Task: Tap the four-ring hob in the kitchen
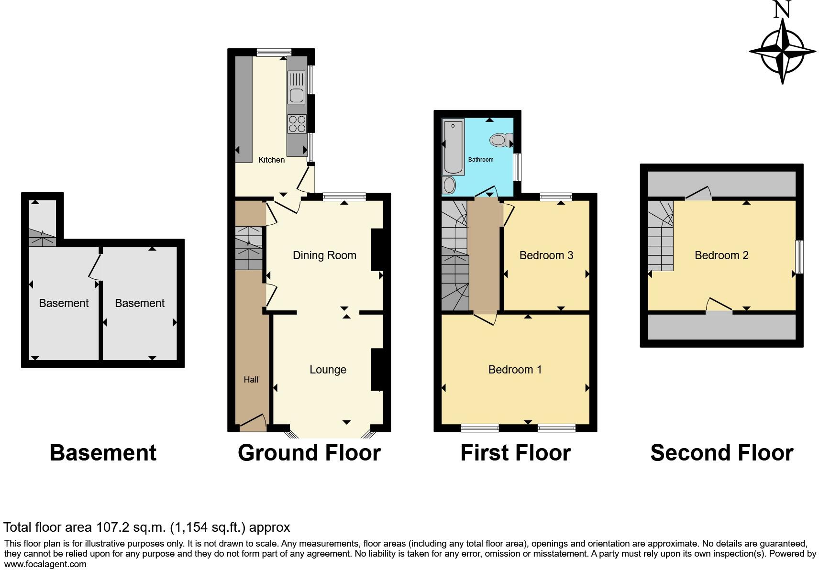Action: [297, 124]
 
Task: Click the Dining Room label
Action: [324, 255]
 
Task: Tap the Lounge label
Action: [328, 370]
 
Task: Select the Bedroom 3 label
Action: [546, 255]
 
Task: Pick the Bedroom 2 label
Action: [721, 255]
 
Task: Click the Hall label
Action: [251, 380]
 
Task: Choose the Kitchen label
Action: [271, 160]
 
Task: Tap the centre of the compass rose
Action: [782, 51]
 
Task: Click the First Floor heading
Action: [515, 453]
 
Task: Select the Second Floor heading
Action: [721, 453]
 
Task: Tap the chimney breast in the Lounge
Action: [377, 370]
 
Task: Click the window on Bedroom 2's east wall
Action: [799, 257]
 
